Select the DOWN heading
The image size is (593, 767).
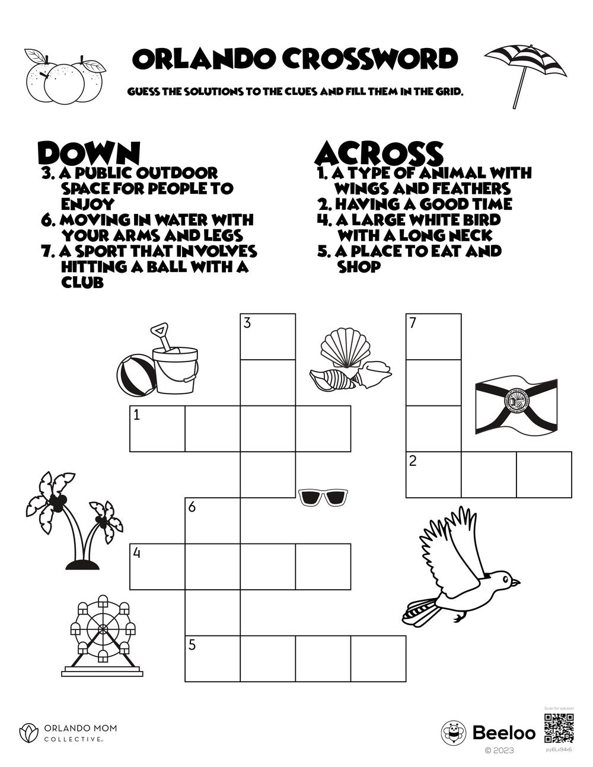88,153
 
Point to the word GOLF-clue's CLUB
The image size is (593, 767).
82,283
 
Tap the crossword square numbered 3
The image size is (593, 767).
267,337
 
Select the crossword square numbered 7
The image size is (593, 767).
433,337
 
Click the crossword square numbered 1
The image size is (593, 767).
157,429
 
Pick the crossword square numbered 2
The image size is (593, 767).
433,474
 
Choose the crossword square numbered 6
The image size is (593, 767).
212,520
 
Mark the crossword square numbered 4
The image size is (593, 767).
157,567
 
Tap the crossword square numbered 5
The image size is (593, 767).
212,659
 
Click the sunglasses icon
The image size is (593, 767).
322,497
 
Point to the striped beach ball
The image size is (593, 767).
135,375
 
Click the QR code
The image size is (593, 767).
559,728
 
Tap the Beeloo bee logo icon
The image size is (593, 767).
454,733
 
